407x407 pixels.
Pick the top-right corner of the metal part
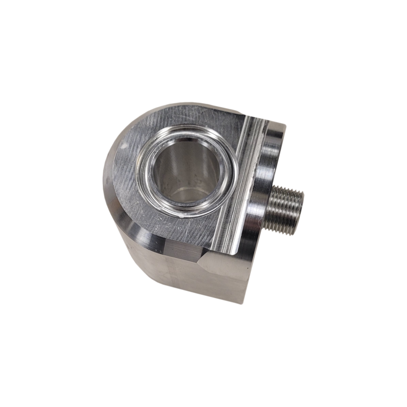click(285, 125)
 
